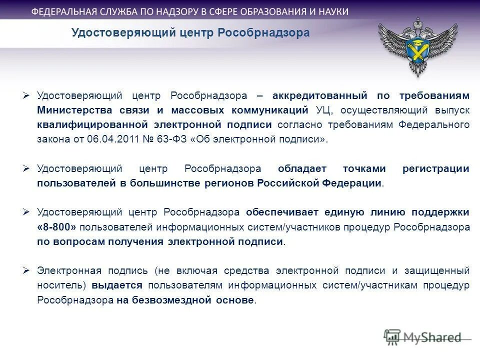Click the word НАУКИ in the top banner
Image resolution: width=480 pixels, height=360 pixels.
click(x=330, y=11)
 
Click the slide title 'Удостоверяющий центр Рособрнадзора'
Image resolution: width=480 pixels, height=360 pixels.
click(x=190, y=33)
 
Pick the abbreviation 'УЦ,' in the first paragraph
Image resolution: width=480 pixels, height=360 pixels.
click(x=324, y=110)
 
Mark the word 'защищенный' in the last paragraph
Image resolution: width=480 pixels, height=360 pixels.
click(x=440, y=270)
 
